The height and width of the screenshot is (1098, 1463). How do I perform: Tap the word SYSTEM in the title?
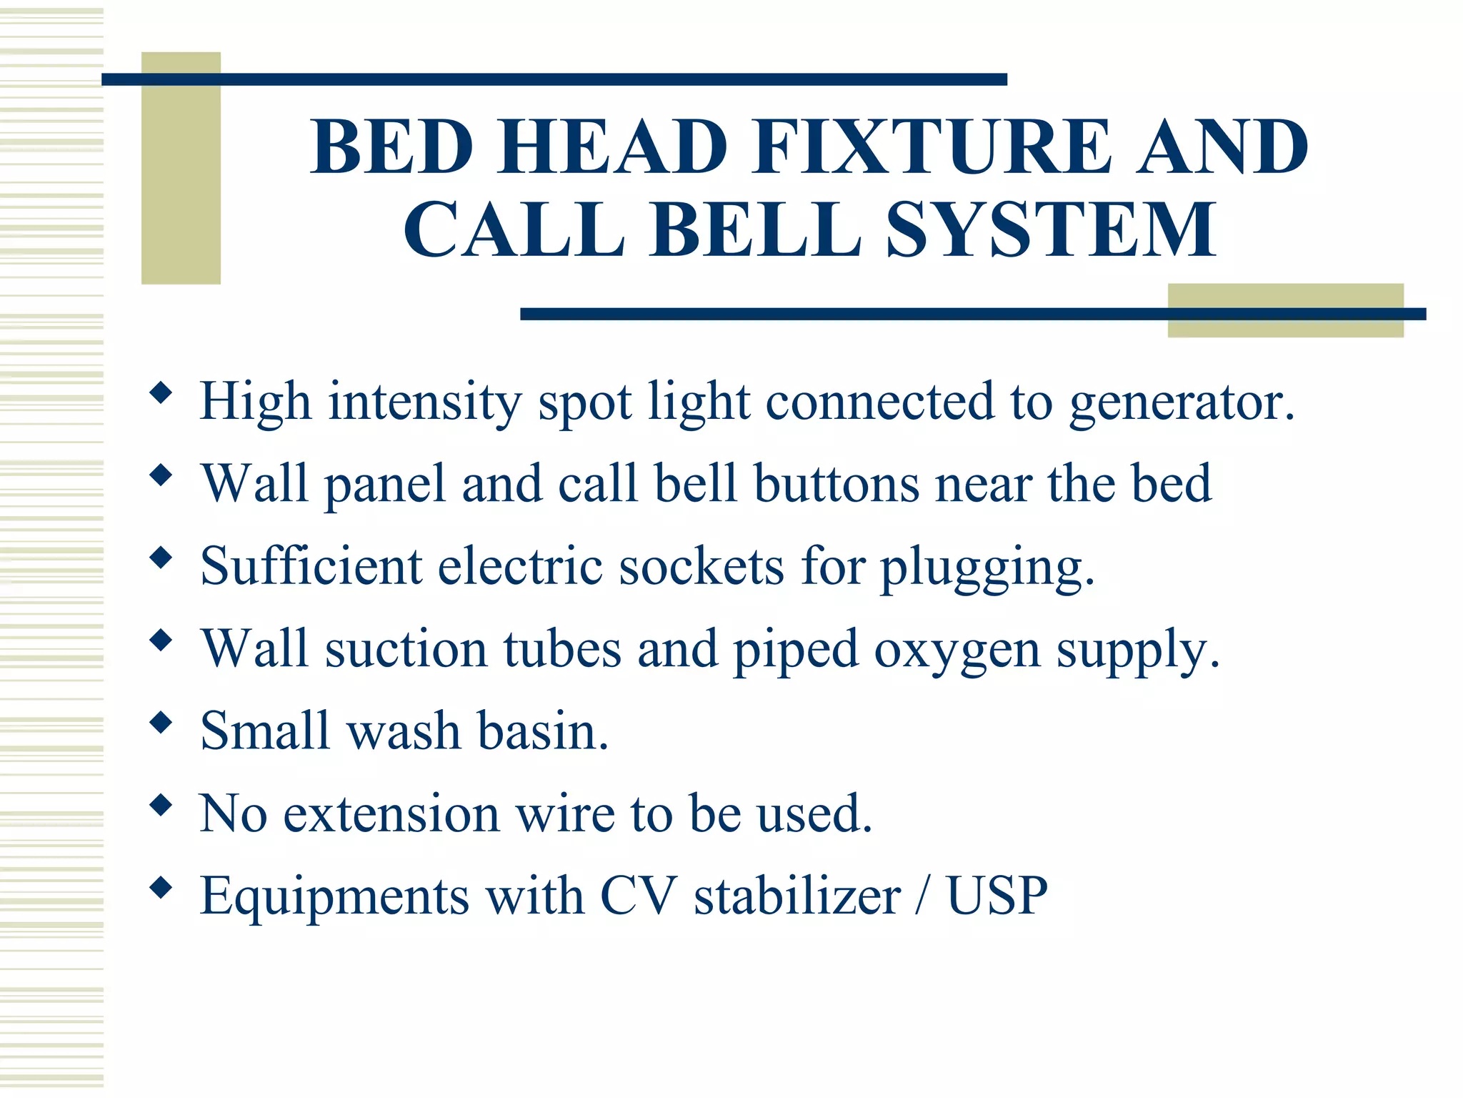1050,230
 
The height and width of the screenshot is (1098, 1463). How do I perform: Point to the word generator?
1182,402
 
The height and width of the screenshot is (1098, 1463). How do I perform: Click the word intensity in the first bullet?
425,402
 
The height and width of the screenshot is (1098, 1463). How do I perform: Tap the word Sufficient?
311,566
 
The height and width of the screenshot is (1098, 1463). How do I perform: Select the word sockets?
701,566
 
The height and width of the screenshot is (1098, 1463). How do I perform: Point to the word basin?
543,731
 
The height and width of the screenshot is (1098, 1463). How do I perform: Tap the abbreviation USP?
997,896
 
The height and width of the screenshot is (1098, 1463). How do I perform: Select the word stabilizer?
797,896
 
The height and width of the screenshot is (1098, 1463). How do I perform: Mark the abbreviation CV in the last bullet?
638,896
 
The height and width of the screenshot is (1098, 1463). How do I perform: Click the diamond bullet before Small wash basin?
161,723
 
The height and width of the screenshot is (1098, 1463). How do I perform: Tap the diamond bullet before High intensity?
161,392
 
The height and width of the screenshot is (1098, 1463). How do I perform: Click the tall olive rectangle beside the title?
181,168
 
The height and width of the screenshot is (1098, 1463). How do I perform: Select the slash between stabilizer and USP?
924,896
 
